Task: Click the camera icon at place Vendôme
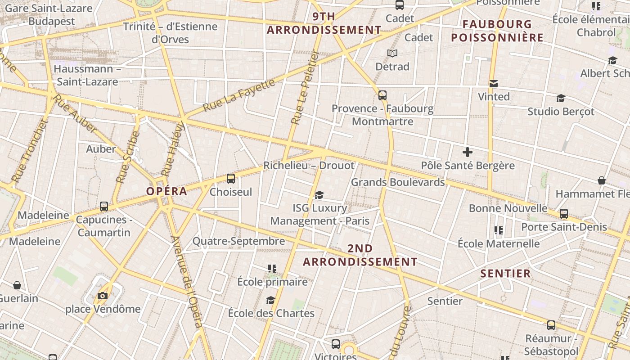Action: click(103, 296)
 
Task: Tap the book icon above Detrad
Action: click(392, 53)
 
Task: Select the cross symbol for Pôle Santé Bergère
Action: click(468, 152)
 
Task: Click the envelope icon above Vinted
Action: click(494, 83)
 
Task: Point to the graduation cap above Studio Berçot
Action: click(561, 98)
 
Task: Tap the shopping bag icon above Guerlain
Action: click(17, 285)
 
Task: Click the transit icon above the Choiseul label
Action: click(231, 179)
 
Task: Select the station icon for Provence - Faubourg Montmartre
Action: click(382, 95)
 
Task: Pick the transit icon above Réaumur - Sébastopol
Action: click(551, 325)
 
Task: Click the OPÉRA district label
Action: click(166, 191)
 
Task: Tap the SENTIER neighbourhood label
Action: click(506, 274)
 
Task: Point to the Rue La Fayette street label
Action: click(238, 96)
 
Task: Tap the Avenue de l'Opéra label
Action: click(187, 282)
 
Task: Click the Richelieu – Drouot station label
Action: click(309, 166)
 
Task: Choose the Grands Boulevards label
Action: click(398, 182)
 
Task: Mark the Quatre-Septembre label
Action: click(238, 241)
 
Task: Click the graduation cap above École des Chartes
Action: click(270, 300)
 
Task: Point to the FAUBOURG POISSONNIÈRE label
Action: click(497, 31)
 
